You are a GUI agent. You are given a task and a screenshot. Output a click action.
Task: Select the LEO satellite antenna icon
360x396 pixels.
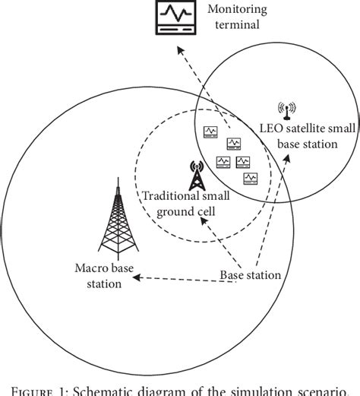coord(287,111)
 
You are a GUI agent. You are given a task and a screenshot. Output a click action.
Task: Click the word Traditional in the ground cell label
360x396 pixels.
coord(168,196)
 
